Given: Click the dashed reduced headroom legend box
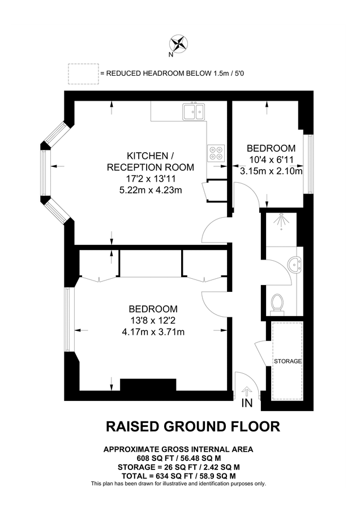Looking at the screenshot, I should (82, 74).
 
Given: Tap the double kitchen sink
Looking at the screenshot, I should (193, 111).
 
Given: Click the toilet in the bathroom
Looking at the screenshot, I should (277, 302).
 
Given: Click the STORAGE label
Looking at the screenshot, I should (288, 361).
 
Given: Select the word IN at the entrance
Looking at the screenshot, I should (247, 403).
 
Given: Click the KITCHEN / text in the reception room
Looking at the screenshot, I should (147, 156).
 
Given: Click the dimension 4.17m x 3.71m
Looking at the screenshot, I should (153, 332).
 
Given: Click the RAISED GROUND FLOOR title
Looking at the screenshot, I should (193, 426).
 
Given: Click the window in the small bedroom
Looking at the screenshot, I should (309, 164).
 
